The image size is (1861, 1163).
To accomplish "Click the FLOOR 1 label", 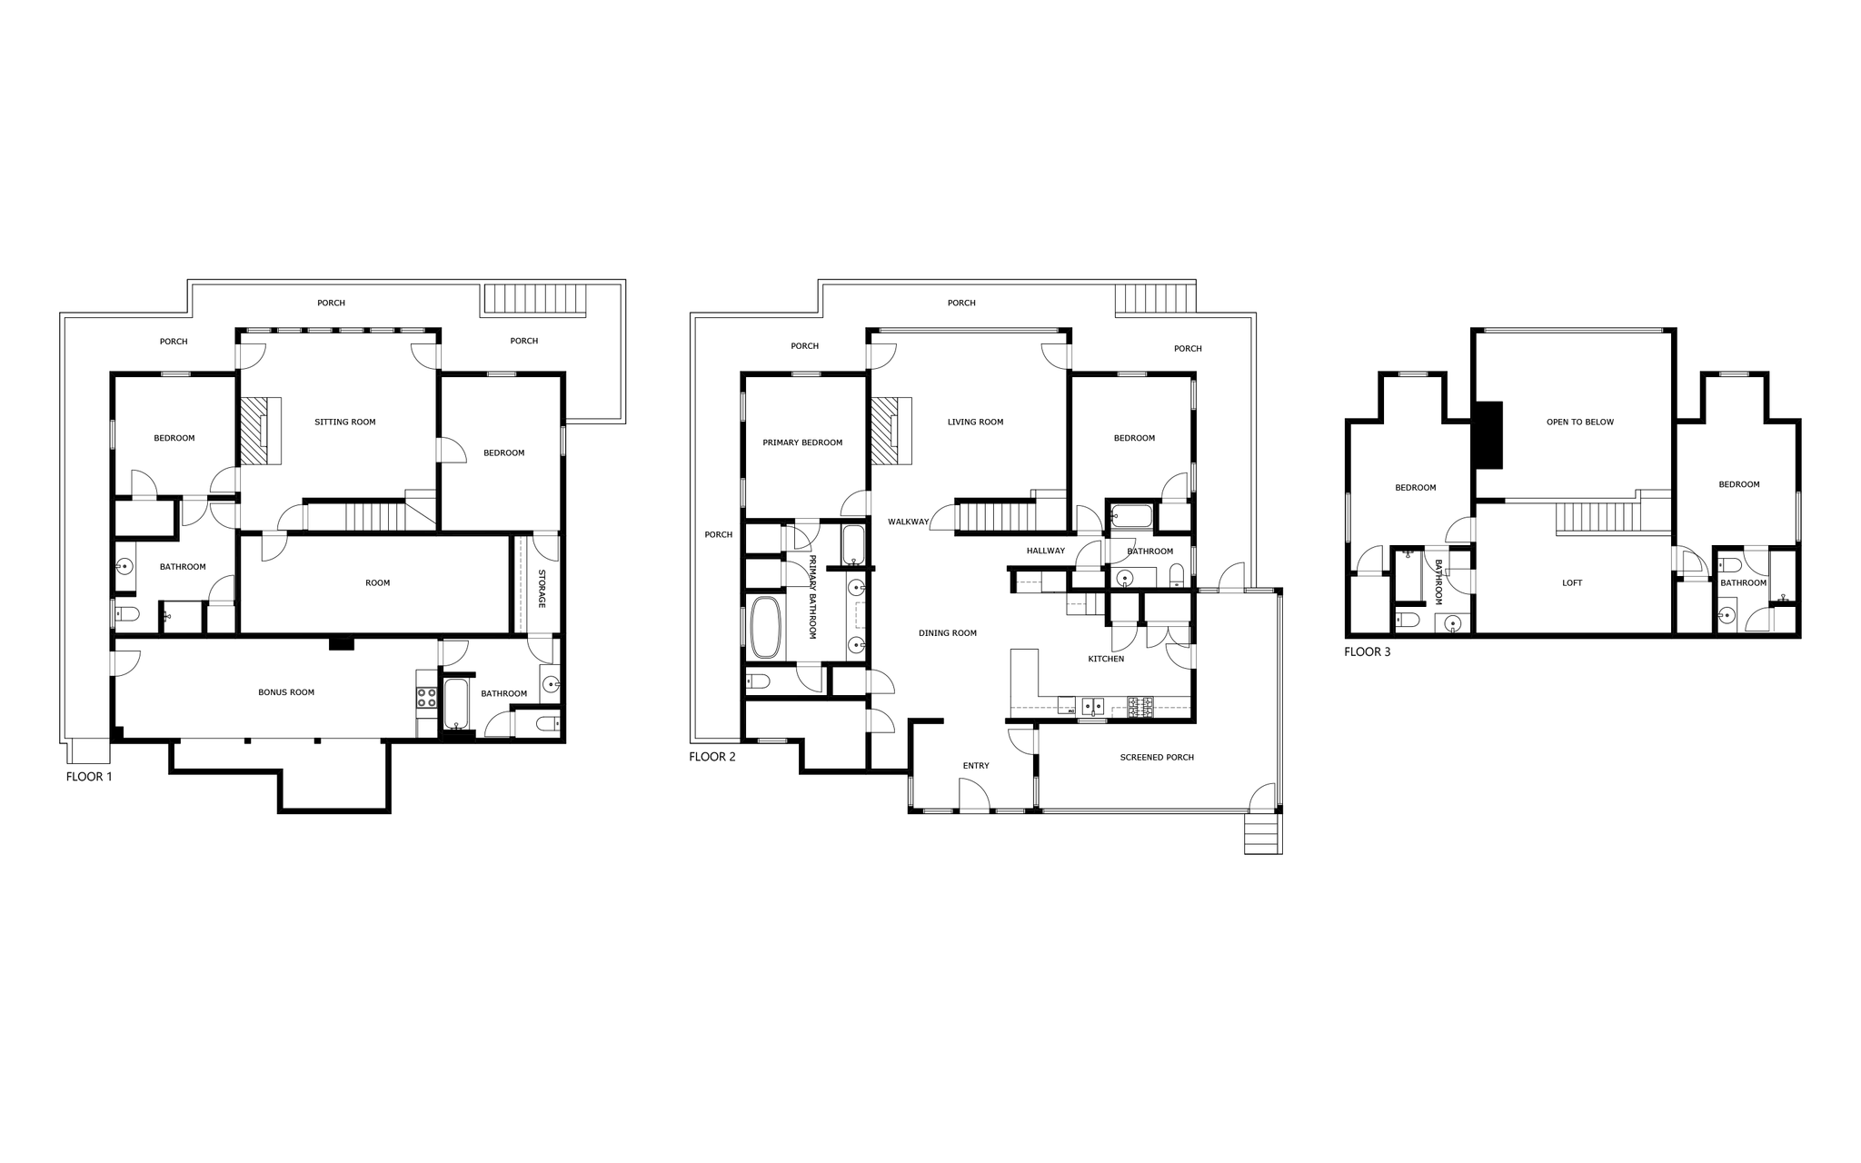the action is pos(89,777).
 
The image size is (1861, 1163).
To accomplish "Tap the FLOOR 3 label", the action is pos(1368,651).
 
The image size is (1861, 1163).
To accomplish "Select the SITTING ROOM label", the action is pos(345,422).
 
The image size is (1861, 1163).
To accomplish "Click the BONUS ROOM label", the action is pos(286,692).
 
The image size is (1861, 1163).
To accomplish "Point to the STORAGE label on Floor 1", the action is pos(542,589).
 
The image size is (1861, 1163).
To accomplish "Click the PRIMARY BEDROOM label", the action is pos(802,442).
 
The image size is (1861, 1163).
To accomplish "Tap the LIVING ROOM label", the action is pos(975,422).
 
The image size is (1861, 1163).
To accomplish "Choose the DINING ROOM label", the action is pos(948,633).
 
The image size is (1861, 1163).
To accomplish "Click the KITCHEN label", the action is pos(1106,659).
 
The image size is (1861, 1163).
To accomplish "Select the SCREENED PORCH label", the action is pos(1157,757).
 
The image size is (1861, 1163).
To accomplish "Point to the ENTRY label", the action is pos(976,766).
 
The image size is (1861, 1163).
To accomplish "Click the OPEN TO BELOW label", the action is pos(1580,422).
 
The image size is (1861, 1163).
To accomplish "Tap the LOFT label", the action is pos(1572,583).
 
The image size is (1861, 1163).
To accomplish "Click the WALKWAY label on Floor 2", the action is pos(909,522).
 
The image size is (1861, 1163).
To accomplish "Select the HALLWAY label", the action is pos(1046,551).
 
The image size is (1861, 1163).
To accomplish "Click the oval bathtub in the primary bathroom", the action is pos(766,627).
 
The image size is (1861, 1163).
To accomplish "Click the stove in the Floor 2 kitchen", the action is pos(1140,708).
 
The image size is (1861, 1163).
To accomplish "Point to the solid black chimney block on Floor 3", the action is pos(1488,435).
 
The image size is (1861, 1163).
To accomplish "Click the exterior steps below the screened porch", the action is pos(1263,832).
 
